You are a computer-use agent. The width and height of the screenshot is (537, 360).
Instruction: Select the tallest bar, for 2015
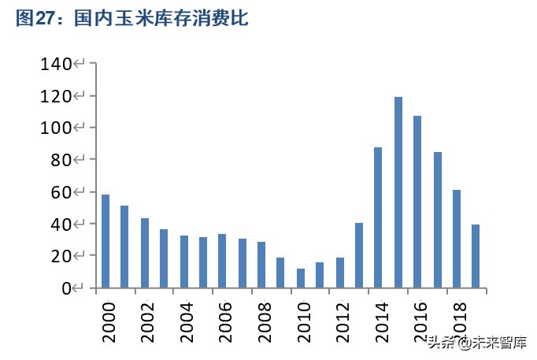pyautogui.click(x=398, y=192)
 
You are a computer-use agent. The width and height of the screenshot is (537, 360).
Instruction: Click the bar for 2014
pyautogui.click(x=378, y=217)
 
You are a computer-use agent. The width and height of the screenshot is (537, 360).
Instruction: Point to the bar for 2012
pyautogui.click(x=339, y=273)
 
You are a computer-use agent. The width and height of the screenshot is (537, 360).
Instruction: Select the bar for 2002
pyautogui.click(x=144, y=253)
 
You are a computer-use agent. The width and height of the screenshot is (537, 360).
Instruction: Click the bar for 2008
pyautogui.click(x=261, y=265)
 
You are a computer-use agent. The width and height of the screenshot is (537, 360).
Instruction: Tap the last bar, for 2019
pyautogui.click(x=476, y=256)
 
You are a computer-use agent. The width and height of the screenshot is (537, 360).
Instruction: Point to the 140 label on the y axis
pyautogui.click(x=56, y=64)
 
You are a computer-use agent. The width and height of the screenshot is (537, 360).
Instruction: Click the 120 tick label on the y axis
pyautogui.click(x=56, y=96)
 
